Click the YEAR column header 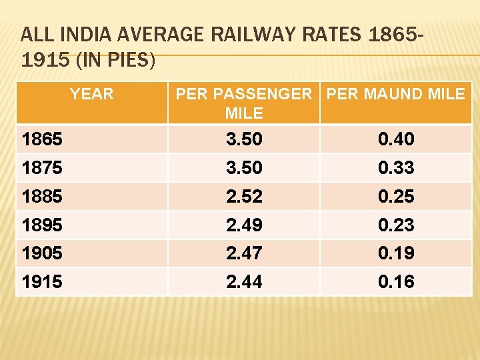92,94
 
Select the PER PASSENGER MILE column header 243,103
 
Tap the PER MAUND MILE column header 395,94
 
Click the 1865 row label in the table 42,139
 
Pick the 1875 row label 42,168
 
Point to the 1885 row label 42,197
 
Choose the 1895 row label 42,225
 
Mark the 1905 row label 42,253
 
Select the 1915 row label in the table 42,282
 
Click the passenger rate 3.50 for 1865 244,139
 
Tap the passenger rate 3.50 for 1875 244,168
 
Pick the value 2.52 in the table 244,197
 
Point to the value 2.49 244,225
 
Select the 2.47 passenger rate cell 244,253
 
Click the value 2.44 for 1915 244,282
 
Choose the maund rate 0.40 396,139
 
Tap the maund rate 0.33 396,168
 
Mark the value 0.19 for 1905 396,253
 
